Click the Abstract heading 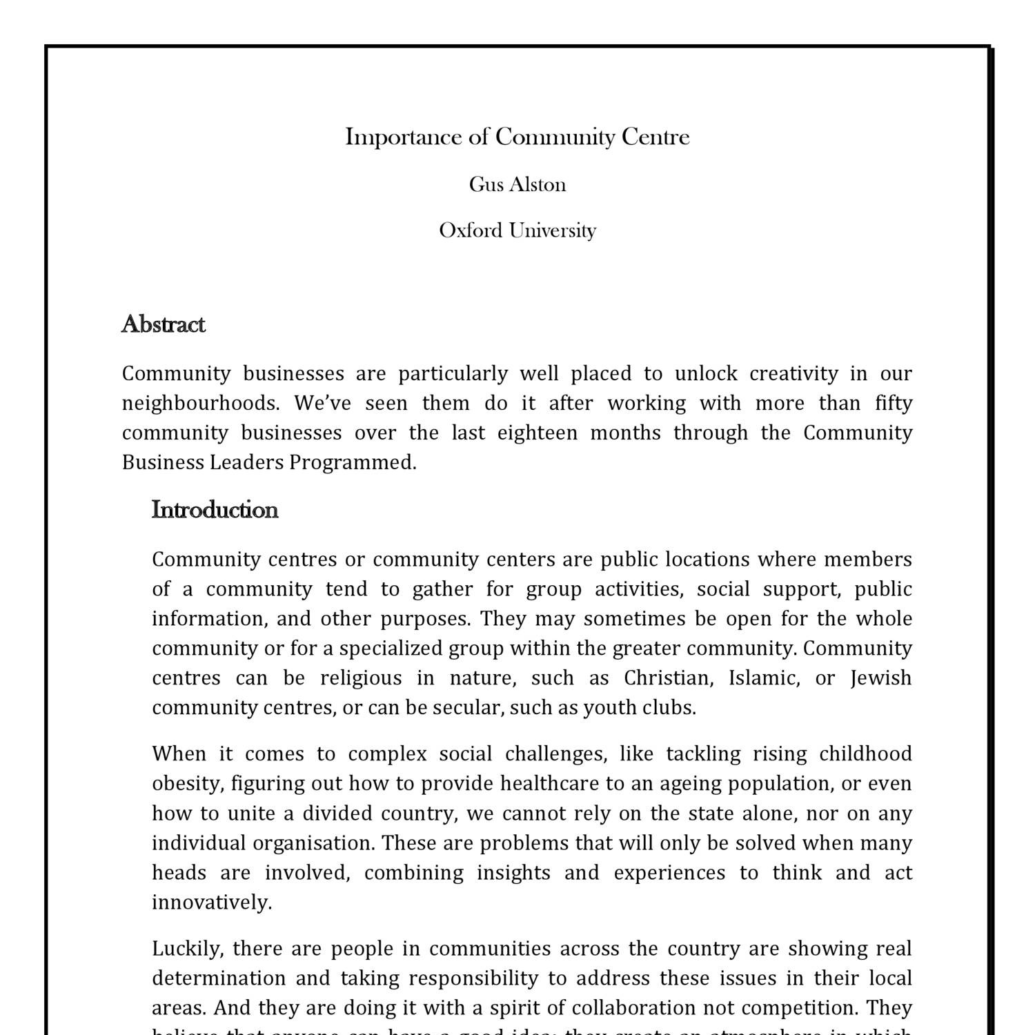click(163, 324)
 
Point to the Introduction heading click(215, 510)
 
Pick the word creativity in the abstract click(793, 373)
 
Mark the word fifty click(894, 403)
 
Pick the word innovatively click(211, 903)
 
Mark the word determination click(219, 978)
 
